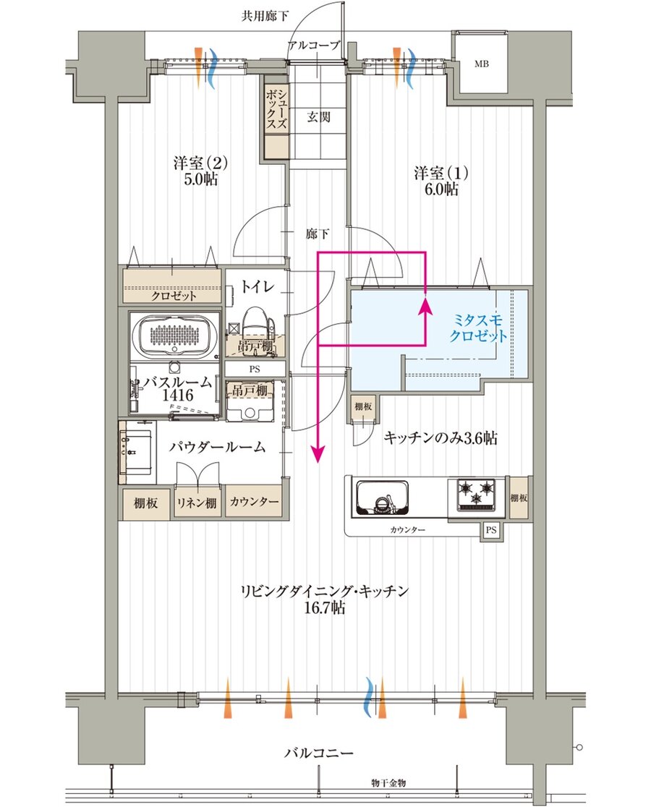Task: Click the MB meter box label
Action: coord(481,64)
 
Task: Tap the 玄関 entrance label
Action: coord(318,117)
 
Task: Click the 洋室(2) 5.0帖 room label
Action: coord(200,171)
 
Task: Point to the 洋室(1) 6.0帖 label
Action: coord(441,181)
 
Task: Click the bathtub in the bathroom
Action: coord(174,336)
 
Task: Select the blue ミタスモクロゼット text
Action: coord(478,328)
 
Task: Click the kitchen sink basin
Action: coord(383,498)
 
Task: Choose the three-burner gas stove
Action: coord(477,494)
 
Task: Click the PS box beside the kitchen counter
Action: coord(491,529)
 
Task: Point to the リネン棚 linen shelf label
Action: coord(197,503)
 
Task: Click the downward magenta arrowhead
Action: coord(318,453)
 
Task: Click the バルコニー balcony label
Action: coord(319,753)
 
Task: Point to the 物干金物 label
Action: coord(389,783)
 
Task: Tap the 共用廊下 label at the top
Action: coord(265,16)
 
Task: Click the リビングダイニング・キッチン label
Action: coord(325,599)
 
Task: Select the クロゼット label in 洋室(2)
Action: coord(174,296)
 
